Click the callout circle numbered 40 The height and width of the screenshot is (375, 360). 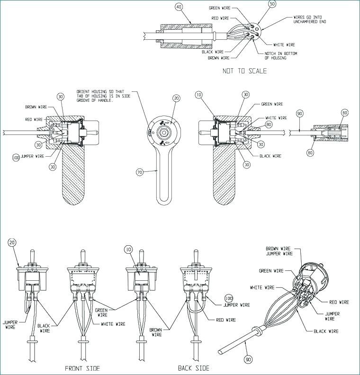179,7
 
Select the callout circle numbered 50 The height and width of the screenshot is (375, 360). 272,4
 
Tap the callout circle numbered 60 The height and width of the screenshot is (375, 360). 345,113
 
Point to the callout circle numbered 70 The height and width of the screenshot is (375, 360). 140,172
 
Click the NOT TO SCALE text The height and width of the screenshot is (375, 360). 244,71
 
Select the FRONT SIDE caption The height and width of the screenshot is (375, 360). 82,368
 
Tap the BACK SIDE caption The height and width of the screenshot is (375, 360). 194,368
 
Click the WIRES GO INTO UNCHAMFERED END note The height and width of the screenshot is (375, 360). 309,19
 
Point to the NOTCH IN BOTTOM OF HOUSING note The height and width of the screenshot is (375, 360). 281,56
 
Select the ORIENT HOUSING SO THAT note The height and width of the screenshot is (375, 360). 103,96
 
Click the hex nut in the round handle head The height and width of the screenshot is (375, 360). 163,132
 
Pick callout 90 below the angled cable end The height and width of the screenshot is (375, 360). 249,359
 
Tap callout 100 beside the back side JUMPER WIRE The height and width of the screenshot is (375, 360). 229,298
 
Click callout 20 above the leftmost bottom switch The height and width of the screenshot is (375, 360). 12,242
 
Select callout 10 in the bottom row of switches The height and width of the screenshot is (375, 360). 128,250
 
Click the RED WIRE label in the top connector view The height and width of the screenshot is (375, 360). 220,18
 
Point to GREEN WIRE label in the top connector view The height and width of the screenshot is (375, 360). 220,8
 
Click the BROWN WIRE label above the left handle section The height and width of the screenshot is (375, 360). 36,107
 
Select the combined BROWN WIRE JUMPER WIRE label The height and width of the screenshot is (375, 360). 279,251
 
